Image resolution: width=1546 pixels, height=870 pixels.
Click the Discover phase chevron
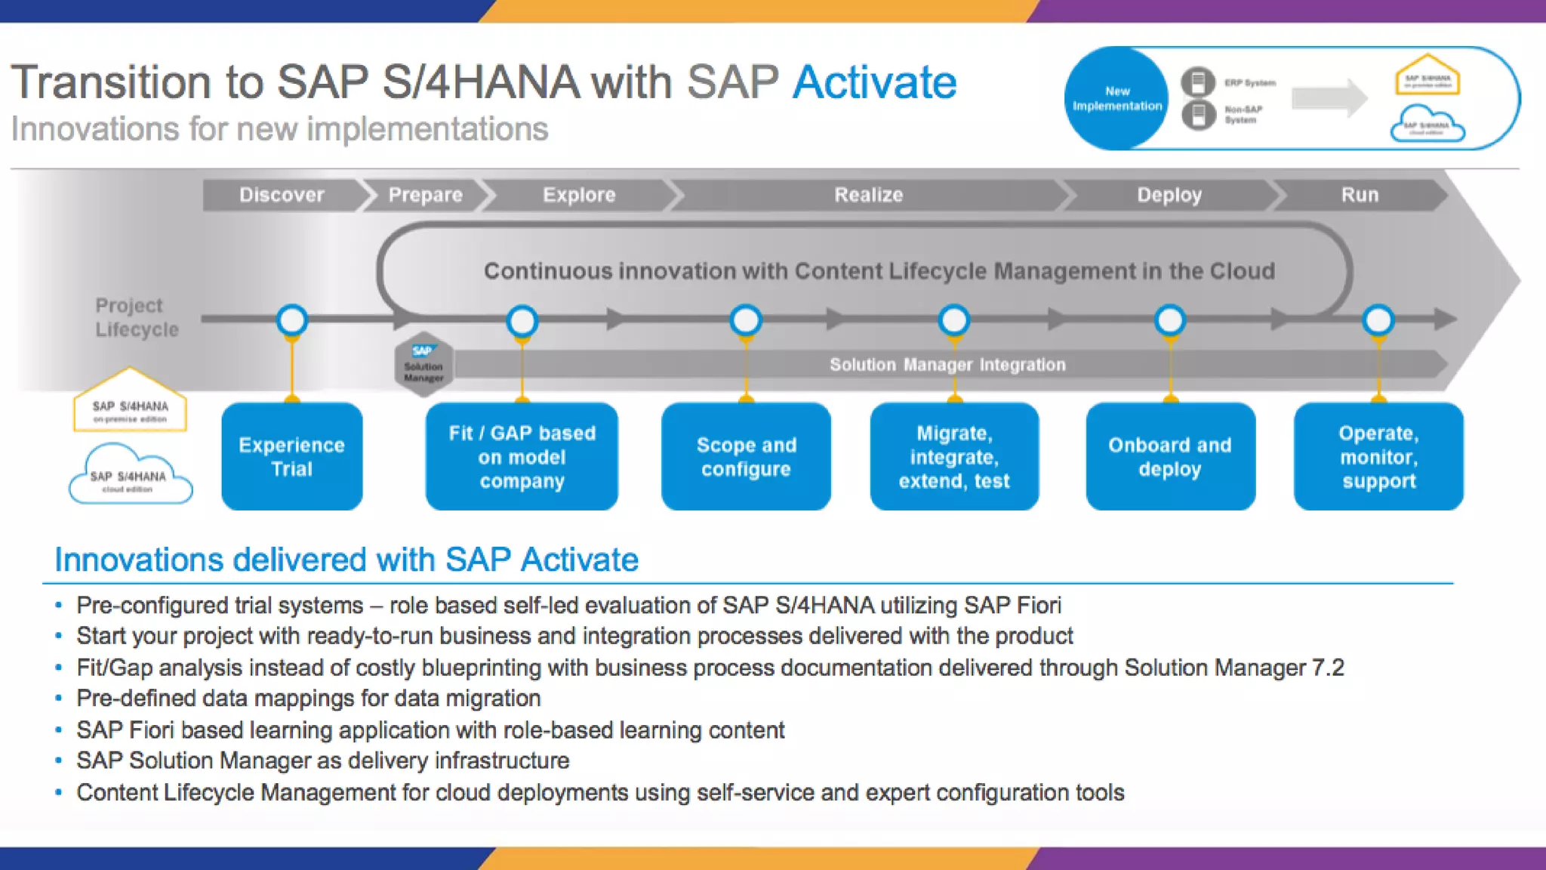[282, 195]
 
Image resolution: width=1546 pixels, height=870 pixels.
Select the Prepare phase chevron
[425, 195]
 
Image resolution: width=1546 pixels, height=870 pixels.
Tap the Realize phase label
[868, 195]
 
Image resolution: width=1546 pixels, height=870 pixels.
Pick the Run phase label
[1360, 195]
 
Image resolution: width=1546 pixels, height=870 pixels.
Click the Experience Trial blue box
[291, 457]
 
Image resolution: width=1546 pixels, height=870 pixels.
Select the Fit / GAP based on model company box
[522, 457]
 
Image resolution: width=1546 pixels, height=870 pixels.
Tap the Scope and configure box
[746, 457]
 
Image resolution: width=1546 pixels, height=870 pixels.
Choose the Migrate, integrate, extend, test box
[954, 457]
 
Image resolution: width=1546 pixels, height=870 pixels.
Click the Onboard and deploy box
[1170, 457]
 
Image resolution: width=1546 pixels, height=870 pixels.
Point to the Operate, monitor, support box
[1378, 457]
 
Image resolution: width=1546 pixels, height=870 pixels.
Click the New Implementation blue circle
[1117, 98]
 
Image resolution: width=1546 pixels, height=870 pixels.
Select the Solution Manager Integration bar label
[947, 365]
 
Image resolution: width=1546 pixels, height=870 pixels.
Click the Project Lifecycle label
[137, 317]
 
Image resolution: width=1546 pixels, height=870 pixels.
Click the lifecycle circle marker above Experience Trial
[292, 320]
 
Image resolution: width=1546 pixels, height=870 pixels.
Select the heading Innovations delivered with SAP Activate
[346, 560]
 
